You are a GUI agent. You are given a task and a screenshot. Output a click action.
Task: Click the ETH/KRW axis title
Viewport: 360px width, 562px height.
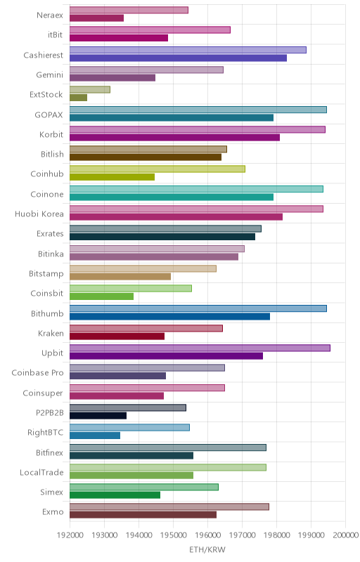tap(207, 549)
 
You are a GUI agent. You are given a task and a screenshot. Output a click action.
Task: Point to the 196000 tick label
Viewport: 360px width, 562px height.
tap(207, 535)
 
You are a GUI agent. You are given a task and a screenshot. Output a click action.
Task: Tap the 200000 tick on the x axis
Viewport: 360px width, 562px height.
tap(346, 535)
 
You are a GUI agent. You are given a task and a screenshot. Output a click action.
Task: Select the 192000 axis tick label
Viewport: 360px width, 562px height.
tap(70, 535)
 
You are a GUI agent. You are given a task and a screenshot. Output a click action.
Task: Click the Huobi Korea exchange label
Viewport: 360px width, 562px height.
tap(39, 214)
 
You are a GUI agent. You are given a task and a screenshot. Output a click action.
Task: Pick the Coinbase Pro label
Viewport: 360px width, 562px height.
tap(37, 373)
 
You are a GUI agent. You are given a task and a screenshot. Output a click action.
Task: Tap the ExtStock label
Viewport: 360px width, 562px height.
tap(46, 95)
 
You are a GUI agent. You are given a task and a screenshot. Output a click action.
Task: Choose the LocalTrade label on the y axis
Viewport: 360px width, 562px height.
tap(41, 472)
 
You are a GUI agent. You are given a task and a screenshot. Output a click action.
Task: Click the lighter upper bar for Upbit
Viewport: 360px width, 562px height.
tap(200, 348)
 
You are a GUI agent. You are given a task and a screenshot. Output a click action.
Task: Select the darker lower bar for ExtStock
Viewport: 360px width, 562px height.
tap(78, 98)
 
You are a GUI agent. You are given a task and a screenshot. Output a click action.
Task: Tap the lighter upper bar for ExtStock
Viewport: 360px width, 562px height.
tap(89, 90)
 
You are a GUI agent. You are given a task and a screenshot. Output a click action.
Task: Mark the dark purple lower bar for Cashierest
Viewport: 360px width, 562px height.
tap(178, 58)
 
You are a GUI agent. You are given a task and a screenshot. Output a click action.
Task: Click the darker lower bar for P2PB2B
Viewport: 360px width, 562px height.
tap(98, 415)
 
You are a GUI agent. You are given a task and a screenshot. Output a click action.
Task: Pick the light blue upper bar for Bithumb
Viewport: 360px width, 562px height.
tap(198, 308)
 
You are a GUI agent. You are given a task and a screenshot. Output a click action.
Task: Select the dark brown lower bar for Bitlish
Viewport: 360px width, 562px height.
tap(146, 157)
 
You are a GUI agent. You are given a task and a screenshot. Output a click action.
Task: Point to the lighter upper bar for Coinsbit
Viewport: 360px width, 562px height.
tap(131, 289)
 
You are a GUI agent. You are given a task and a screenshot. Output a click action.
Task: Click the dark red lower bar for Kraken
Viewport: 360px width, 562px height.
tap(117, 336)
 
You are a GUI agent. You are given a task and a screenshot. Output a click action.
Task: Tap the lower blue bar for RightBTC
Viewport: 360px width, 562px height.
tap(95, 436)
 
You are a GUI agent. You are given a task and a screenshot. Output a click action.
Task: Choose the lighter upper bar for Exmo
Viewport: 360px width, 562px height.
tap(169, 507)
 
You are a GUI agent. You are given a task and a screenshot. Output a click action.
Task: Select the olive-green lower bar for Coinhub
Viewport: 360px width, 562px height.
tap(112, 177)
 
